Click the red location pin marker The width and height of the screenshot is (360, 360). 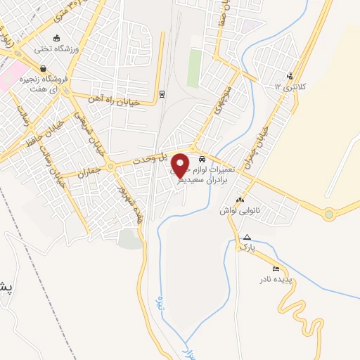[x=180, y=165]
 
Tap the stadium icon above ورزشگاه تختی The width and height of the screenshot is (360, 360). [x=57, y=38]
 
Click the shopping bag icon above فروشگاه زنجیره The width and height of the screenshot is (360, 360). [x=44, y=69]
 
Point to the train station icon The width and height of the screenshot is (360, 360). [x=162, y=94]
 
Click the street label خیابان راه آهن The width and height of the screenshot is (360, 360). [x=114, y=100]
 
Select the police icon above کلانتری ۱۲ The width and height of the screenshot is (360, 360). [x=289, y=76]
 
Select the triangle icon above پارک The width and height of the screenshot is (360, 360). [x=247, y=237]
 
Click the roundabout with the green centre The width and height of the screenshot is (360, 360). [x=328, y=215]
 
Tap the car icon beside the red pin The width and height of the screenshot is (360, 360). [x=202, y=159]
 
